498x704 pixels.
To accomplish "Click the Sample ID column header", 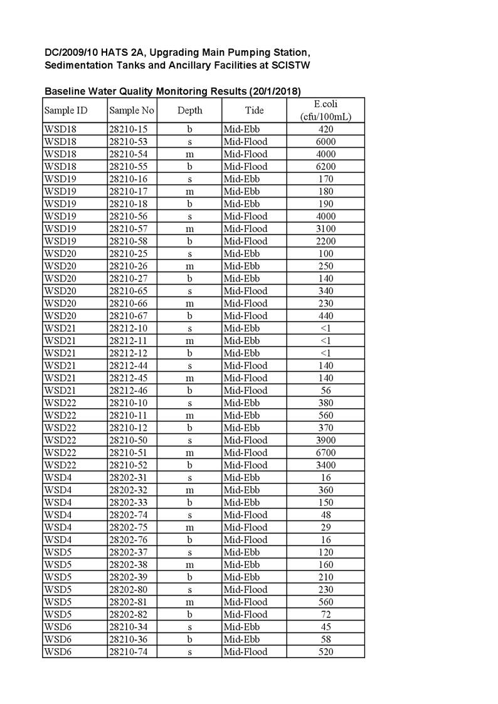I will [66, 111].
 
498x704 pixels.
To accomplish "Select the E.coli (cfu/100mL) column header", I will [326, 110].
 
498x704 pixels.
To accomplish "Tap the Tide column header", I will [254, 111].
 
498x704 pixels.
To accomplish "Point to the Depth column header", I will [189, 111].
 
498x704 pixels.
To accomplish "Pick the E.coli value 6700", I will [326, 453].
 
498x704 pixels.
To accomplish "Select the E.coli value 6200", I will [326, 167].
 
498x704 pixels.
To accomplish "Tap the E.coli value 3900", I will [326, 440].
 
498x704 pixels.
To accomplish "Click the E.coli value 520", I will [326, 652].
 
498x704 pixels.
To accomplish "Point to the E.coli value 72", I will [326, 614].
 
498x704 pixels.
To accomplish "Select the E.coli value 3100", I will [326, 229].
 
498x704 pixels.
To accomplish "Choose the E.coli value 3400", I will [326, 465].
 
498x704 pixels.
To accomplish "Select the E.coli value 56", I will [326, 391].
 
